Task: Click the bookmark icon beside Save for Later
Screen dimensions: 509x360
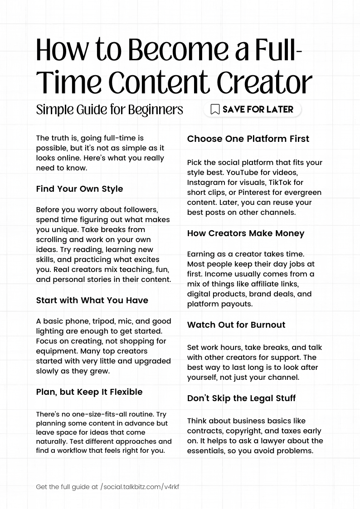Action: point(215,109)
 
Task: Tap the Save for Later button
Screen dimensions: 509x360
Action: point(252,109)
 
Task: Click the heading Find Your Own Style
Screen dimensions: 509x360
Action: point(79,189)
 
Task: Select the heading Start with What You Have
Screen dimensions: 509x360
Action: point(92,300)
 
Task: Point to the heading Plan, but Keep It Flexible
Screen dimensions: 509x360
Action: point(89,392)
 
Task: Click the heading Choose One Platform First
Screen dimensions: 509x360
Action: point(248,139)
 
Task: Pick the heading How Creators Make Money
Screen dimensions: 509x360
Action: point(246,233)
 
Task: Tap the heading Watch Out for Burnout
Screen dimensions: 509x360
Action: point(236,325)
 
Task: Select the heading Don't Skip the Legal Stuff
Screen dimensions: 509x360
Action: point(241,398)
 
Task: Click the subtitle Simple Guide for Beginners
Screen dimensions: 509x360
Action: point(109,110)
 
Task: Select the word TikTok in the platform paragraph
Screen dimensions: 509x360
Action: point(280,182)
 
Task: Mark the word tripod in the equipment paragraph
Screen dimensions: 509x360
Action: point(104,321)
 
